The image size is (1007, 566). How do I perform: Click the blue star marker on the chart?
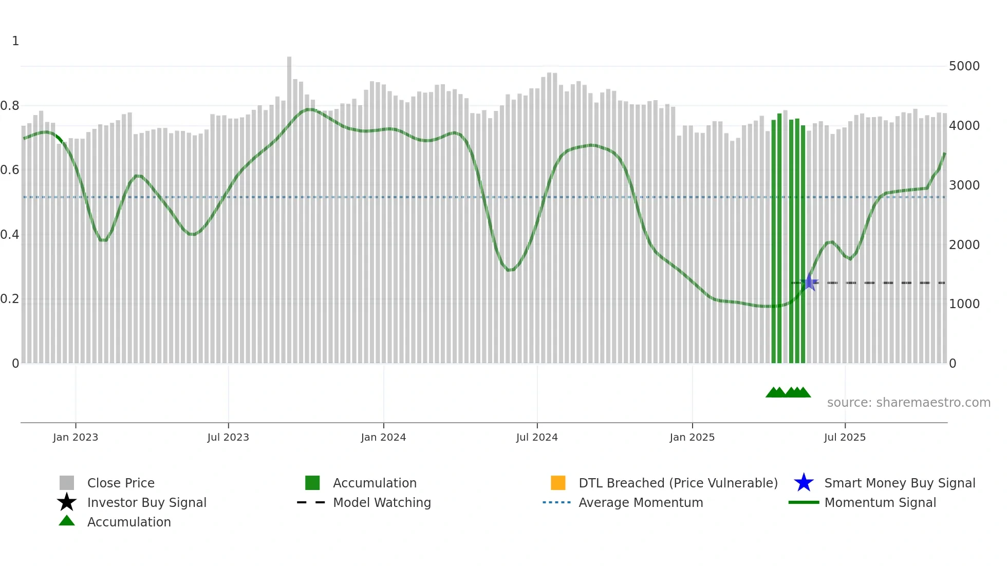point(809,282)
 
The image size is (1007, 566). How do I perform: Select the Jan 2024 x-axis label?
point(383,437)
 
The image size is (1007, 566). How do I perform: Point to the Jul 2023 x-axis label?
point(228,437)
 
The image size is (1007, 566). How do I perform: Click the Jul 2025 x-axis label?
point(845,437)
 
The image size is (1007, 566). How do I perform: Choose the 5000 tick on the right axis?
point(964,66)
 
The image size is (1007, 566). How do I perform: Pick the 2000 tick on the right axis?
point(964,244)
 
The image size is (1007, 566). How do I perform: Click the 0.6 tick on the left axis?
point(10,170)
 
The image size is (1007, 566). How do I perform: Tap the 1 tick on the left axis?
point(15,41)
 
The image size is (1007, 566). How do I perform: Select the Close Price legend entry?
point(121,483)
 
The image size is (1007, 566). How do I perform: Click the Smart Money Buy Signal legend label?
point(900,483)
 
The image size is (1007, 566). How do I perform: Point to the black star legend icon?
point(67,502)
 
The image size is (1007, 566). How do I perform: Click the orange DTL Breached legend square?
point(558,483)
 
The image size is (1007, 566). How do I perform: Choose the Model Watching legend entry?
point(382,502)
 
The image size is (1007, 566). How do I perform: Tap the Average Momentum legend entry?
point(641,502)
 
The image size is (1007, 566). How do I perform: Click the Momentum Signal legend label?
point(880,502)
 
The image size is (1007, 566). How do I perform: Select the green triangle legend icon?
point(67,521)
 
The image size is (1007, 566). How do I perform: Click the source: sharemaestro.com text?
point(908,402)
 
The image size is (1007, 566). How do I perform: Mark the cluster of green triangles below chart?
point(788,392)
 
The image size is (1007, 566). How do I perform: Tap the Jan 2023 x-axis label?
point(76,437)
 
